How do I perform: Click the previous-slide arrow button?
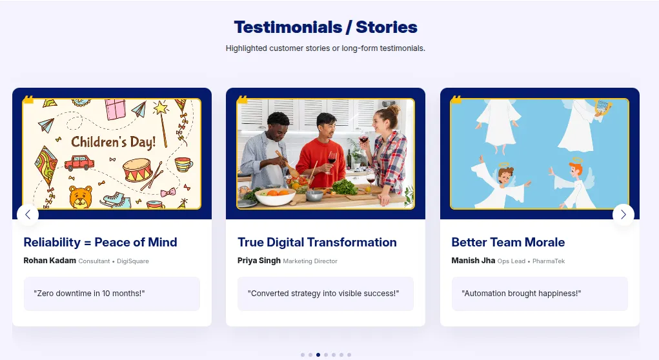(x=28, y=215)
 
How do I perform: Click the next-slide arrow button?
(x=623, y=215)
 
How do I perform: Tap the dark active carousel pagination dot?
(x=318, y=354)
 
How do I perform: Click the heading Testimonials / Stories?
(x=325, y=27)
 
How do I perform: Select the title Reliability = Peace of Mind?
(x=100, y=243)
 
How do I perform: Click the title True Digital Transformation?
(x=317, y=243)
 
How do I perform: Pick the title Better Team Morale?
(x=508, y=243)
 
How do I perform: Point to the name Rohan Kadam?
(x=50, y=261)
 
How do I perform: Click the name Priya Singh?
(x=259, y=261)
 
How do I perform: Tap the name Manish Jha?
(x=473, y=261)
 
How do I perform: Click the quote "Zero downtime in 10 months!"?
(x=89, y=294)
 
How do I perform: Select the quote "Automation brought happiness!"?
(x=522, y=294)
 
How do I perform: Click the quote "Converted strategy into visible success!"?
(x=323, y=294)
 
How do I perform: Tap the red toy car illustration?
(x=79, y=163)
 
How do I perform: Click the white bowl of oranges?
(x=275, y=195)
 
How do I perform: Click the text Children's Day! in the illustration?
(x=114, y=142)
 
